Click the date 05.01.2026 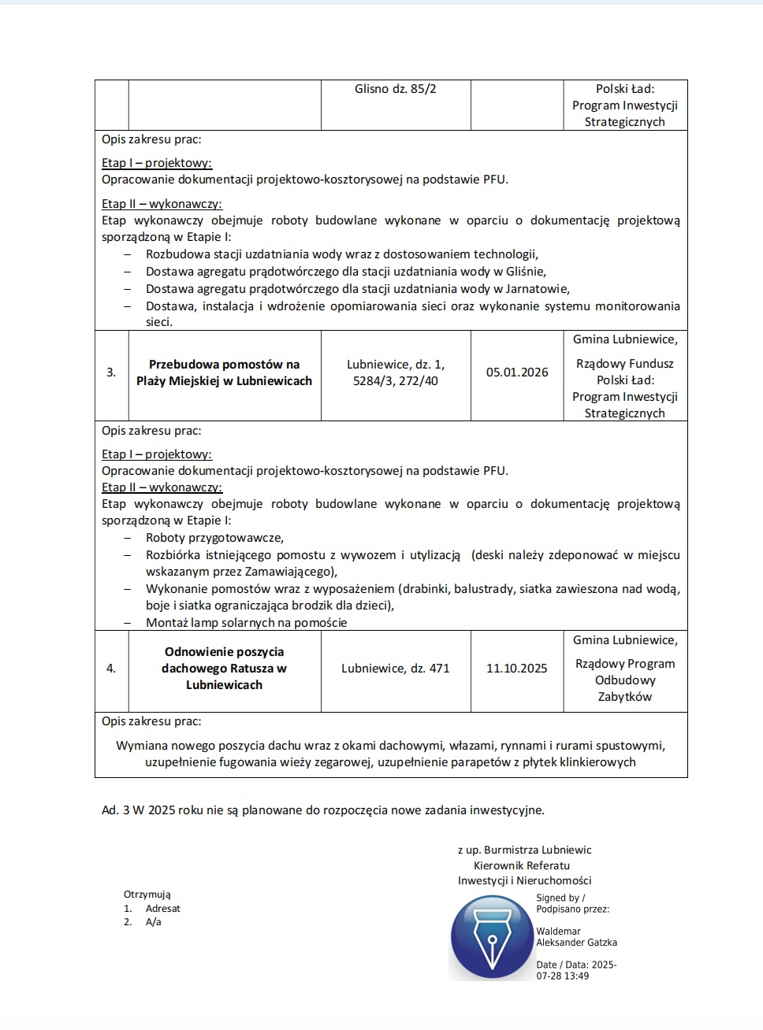tap(517, 372)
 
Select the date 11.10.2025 tap(516, 669)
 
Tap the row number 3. tap(111, 372)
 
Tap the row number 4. tap(111, 669)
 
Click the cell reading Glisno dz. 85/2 tap(395, 89)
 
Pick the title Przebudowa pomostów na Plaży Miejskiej tap(224, 372)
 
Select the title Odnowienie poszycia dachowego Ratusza tap(224, 669)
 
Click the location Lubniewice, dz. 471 tap(395, 669)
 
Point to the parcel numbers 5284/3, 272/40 tap(395, 381)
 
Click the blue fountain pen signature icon tap(492, 938)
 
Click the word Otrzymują tap(147, 895)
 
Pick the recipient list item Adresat tap(162, 909)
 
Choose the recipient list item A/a tap(153, 922)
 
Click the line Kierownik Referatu tap(521, 865)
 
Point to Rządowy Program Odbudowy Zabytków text tap(624, 680)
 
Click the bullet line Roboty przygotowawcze tap(214, 538)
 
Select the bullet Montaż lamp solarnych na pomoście tap(246, 623)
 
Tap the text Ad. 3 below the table tap(115, 810)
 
